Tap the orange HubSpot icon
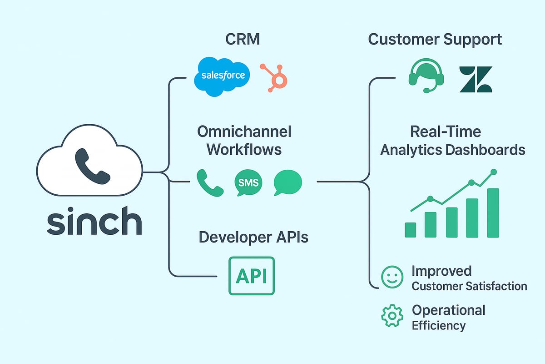(x=275, y=76)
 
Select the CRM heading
(x=243, y=39)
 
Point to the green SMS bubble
(x=248, y=183)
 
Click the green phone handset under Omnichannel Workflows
(x=209, y=182)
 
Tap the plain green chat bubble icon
(x=287, y=182)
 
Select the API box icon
(x=251, y=276)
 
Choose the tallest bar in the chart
(x=493, y=212)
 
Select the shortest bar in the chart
(x=411, y=230)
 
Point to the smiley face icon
(x=391, y=278)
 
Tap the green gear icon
(x=390, y=316)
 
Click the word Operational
(x=448, y=310)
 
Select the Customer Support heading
(x=435, y=39)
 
